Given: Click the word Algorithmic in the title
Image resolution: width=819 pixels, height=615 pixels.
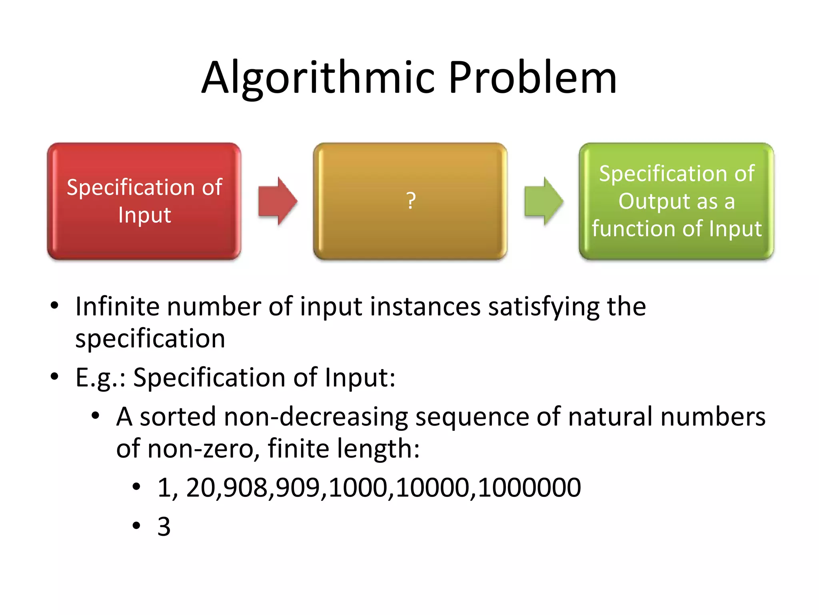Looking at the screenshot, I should (x=318, y=78).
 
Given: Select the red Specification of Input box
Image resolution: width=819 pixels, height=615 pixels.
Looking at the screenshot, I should (x=144, y=201).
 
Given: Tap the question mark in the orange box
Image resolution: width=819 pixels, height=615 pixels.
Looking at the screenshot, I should (x=411, y=201).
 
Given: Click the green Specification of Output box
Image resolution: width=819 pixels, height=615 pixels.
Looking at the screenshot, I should (x=676, y=201).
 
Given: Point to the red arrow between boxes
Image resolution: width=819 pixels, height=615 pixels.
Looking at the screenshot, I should (x=278, y=201).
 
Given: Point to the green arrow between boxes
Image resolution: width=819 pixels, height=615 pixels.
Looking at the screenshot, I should (x=543, y=201).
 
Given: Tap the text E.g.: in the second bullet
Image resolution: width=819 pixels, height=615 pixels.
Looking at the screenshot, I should (x=100, y=378).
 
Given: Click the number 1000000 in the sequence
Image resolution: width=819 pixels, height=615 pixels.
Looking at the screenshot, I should (x=529, y=488).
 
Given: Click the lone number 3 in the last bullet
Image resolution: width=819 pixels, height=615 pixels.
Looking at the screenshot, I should (x=164, y=527).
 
